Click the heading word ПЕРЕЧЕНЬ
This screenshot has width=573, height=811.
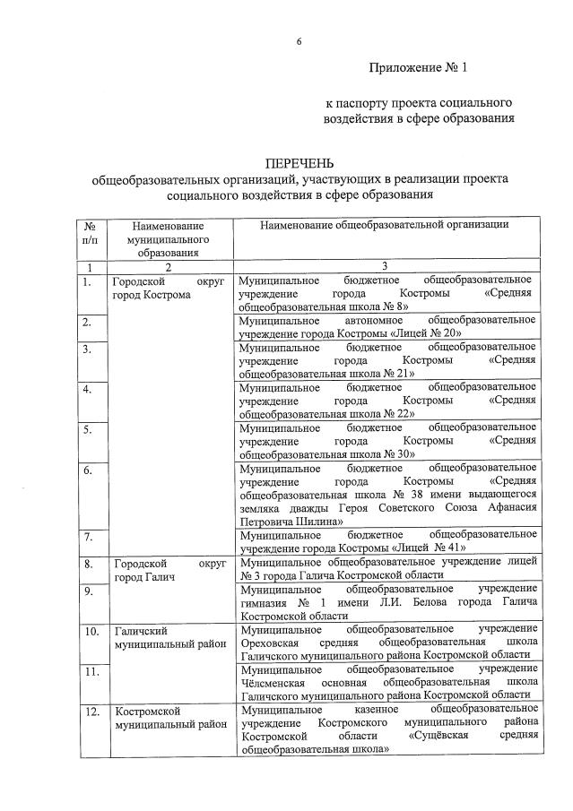(299, 163)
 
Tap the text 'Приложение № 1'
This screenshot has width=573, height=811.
(418, 67)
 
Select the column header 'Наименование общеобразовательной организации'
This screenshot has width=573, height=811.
(385, 225)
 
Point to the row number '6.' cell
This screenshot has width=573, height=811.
(87, 470)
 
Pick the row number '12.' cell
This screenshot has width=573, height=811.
(91, 712)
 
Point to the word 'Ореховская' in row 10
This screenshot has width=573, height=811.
(271, 643)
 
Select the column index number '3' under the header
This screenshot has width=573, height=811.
(384, 267)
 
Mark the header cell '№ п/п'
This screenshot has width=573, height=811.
(89, 232)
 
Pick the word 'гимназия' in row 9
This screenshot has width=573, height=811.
(262, 603)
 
